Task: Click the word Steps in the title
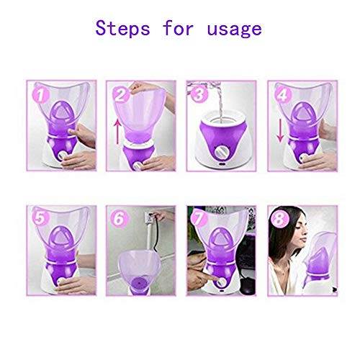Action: (x=127, y=29)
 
